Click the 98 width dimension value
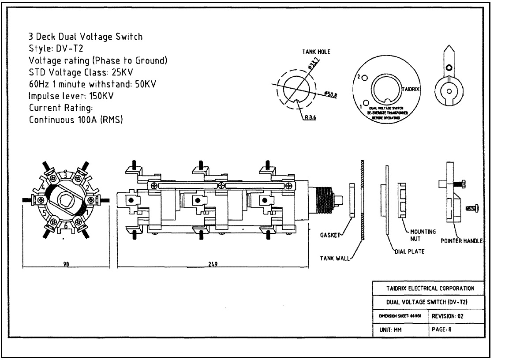click(x=67, y=264)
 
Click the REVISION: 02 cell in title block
click(x=448, y=316)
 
